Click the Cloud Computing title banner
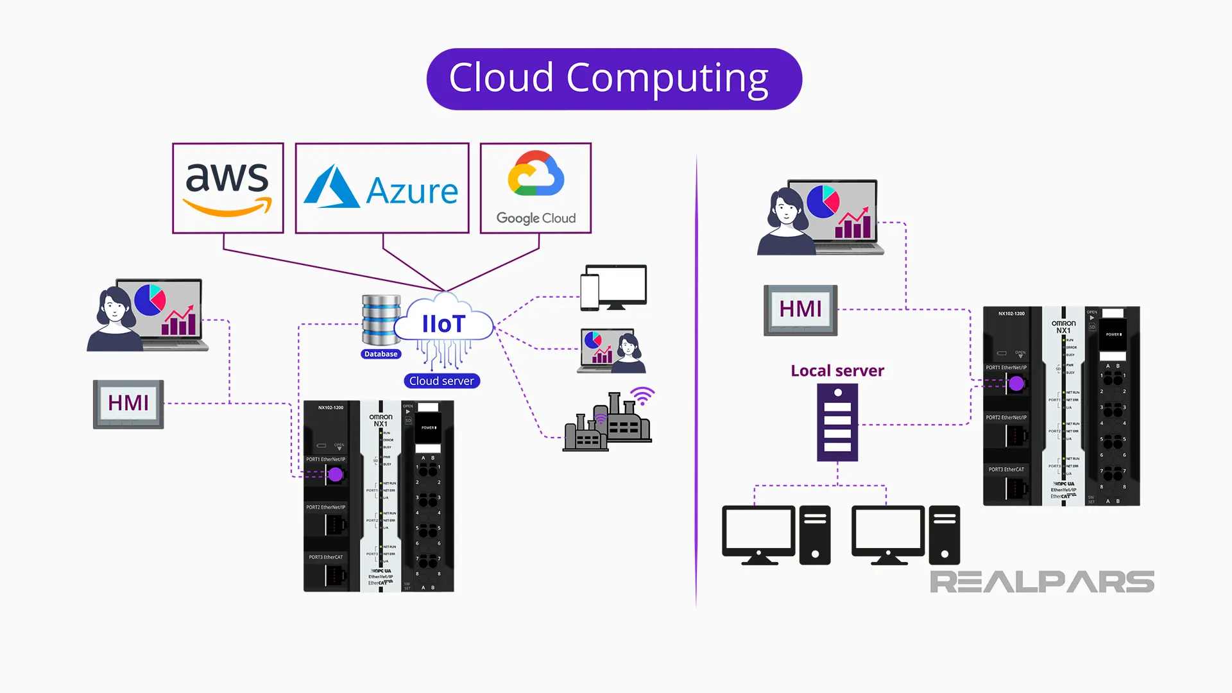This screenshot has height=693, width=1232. pos(614,79)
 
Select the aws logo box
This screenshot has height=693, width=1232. pos(228,188)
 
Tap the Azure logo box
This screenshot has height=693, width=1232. pos(382,188)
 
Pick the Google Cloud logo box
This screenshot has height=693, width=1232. pos(536,188)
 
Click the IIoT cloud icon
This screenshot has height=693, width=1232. pos(444,323)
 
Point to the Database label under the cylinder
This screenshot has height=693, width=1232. pos(381,354)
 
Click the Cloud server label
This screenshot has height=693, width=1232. pos(441,381)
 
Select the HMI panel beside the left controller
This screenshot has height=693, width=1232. pos(128,404)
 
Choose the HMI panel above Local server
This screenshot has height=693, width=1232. pos(800,310)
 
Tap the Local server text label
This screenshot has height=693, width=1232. pos(837,371)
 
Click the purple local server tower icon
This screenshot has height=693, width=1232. pos(837,422)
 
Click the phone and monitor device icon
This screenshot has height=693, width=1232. pos(613,287)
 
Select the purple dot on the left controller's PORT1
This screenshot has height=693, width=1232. pos(336,475)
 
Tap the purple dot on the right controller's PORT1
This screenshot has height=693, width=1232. pos(1016,384)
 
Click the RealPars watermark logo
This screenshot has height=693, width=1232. pos(1041,582)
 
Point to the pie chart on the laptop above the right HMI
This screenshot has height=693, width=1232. pos(823,201)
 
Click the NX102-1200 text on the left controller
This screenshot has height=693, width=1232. pos(330,407)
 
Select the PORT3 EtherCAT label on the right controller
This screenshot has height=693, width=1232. pos(1005,470)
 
